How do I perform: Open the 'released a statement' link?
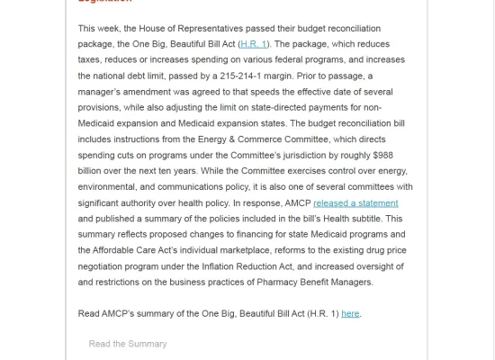point(355,203)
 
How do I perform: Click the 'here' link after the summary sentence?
point(350,313)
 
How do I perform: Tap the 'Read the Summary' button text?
point(128,344)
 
